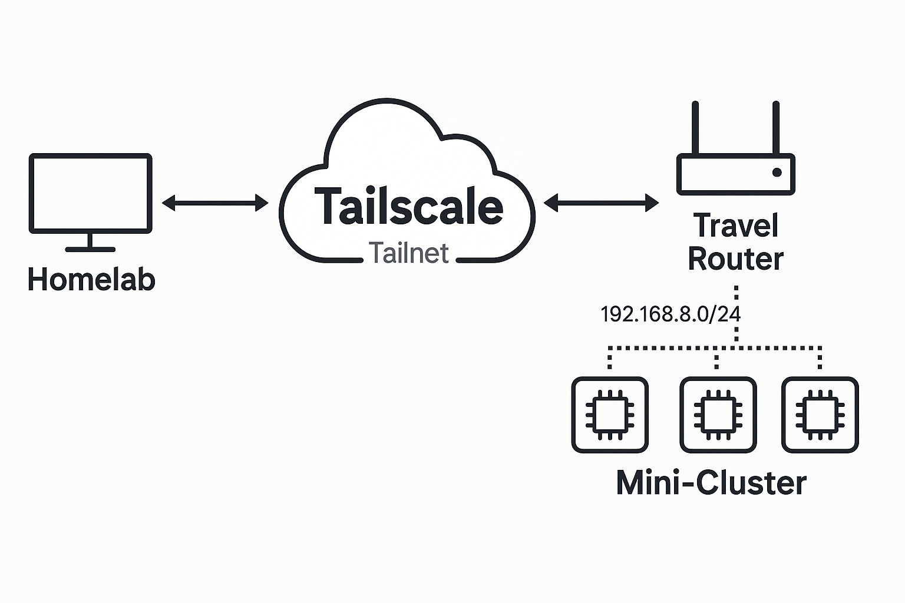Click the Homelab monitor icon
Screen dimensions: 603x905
click(90, 194)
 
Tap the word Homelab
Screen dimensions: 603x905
click(91, 279)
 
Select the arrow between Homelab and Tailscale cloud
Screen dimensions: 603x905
click(215, 203)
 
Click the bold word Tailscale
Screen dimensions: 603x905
click(409, 207)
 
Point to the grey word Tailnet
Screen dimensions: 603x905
click(409, 253)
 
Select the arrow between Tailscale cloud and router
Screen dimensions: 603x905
click(601, 203)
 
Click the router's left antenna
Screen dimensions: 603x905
click(695, 128)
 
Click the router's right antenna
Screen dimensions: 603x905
click(776, 128)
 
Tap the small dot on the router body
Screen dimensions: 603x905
click(777, 172)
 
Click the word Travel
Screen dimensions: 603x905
click(736, 226)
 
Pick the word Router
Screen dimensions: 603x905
click(736, 259)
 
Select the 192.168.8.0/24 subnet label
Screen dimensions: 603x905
click(670, 314)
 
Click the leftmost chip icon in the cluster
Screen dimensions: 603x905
click(610, 415)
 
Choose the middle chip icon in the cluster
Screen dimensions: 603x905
click(718, 415)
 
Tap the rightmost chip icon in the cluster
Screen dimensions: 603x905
click(820, 415)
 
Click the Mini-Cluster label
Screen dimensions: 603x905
click(711, 483)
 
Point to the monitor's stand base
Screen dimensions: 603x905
click(90, 249)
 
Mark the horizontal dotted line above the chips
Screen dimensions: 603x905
click(715, 348)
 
